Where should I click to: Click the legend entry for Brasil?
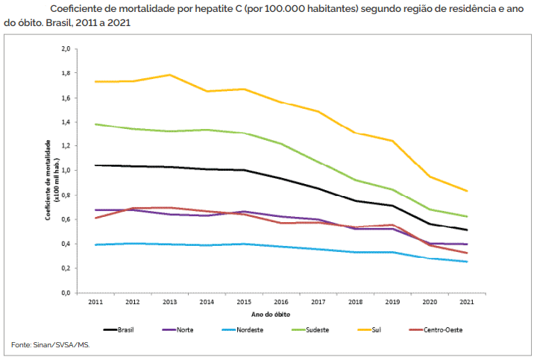tap(126, 328)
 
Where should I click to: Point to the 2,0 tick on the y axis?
tap(65, 49)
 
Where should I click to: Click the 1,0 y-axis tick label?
tap(65, 171)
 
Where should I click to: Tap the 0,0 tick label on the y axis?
tap(65, 293)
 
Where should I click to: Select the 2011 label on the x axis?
tap(95, 303)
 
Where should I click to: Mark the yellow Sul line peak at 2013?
tap(169, 75)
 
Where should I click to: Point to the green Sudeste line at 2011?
tap(96, 124)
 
